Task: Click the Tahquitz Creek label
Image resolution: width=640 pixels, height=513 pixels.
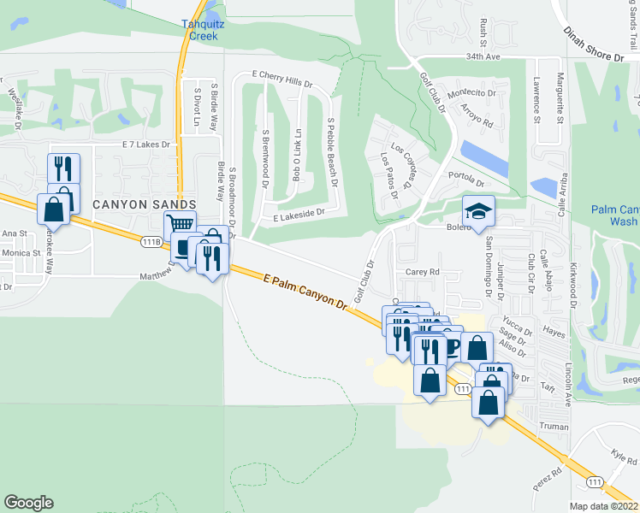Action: (x=204, y=30)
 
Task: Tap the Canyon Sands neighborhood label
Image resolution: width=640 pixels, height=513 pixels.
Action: (x=145, y=203)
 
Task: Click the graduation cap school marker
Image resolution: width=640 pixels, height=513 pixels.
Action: (x=478, y=210)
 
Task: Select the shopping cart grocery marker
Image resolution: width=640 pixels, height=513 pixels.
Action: (x=180, y=226)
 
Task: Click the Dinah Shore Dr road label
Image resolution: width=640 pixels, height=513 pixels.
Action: (x=595, y=44)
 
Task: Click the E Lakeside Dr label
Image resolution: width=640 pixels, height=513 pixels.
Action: (x=299, y=214)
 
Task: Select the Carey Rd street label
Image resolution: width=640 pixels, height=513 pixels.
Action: (x=423, y=272)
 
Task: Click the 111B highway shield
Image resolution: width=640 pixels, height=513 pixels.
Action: (x=152, y=243)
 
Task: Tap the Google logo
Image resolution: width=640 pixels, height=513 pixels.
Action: (x=28, y=503)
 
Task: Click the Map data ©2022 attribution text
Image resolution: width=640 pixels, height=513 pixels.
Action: (x=603, y=506)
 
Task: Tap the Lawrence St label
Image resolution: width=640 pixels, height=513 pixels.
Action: (x=536, y=99)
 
